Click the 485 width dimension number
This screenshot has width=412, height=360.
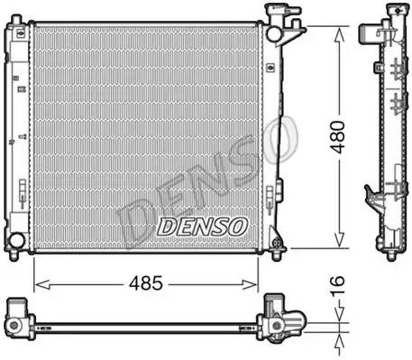(x=144, y=282)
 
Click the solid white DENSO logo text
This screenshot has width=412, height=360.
(x=200, y=226)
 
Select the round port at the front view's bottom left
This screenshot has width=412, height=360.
(x=15, y=240)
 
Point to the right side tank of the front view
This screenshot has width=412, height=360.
(x=273, y=135)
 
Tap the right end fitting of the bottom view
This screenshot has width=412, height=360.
(x=281, y=321)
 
